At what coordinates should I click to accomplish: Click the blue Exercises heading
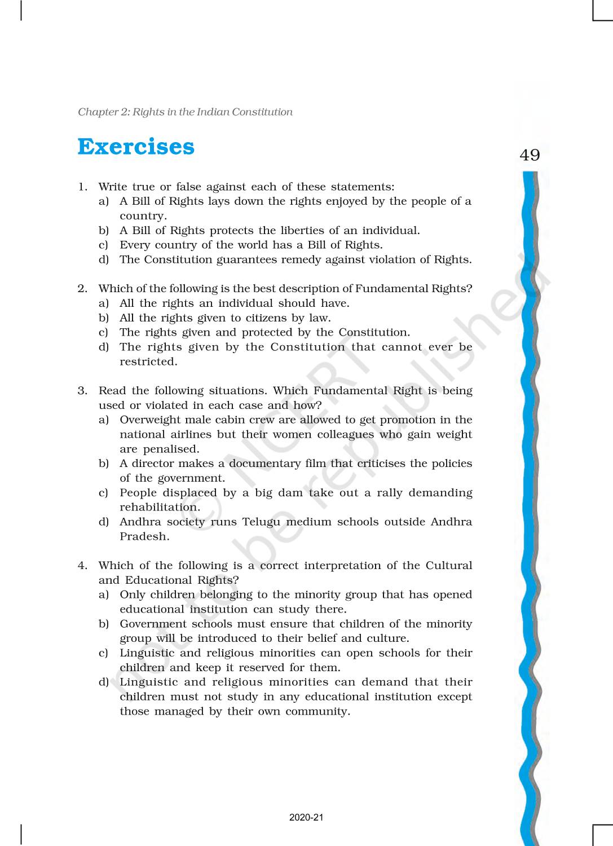[x=136, y=147]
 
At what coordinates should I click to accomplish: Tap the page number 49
[x=530, y=155]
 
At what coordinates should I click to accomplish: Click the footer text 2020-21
[x=306, y=818]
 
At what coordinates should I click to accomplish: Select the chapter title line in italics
[x=185, y=112]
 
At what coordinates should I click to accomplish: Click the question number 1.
[x=82, y=187]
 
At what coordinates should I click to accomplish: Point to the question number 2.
[x=82, y=289]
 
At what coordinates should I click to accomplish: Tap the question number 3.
[x=82, y=391]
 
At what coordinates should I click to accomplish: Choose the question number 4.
[x=82, y=566]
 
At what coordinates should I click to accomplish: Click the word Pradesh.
[x=144, y=536]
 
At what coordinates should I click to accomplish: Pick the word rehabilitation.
[x=160, y=507]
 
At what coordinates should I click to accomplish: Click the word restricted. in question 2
[x=148, y=362]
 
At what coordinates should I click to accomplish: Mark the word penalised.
[x=171, y=449]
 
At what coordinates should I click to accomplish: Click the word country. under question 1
[x=143, y=215]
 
